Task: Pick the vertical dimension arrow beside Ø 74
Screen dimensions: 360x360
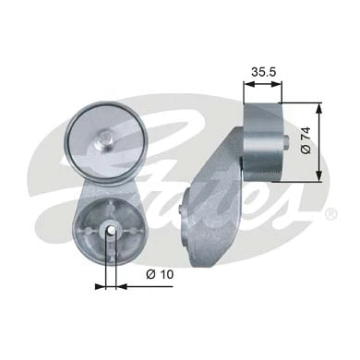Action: pyautogui.click(x=318, y=141)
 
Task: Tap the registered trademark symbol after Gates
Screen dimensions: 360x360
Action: pyautogui.click(x=330, y=214)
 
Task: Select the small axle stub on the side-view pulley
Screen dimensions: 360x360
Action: pyautogui.click(x=303, y=141)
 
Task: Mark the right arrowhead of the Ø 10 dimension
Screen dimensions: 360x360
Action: pyautogui.click(x=120, y=285)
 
